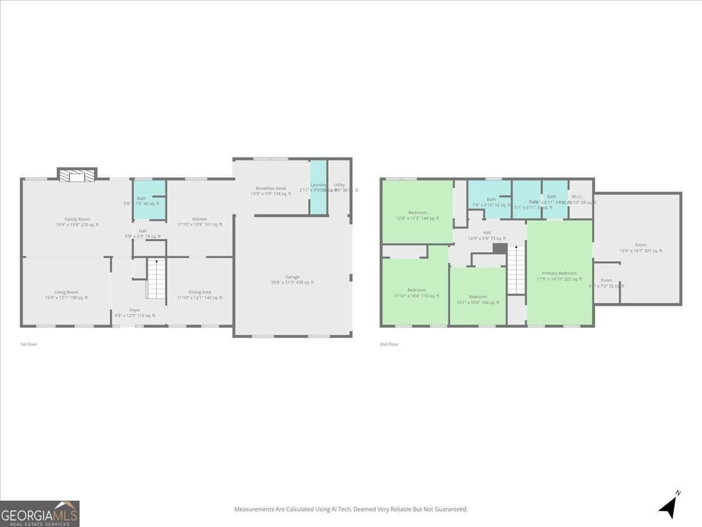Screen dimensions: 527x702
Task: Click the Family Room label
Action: point(77,219)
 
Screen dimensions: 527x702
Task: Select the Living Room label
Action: point(66,292)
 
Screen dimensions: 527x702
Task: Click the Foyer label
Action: point(135,310)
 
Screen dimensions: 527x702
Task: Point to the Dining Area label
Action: point(199,292)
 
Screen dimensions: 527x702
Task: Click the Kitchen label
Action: point(199,219)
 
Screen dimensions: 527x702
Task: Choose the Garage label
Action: point(292,277)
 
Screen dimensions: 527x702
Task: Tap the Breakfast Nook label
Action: point(271,189)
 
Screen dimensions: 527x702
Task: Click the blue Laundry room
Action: point(318,187)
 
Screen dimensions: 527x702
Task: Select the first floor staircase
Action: point(156,279)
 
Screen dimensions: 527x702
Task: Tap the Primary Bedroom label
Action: point(559,273)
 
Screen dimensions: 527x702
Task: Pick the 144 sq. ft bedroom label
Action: point(417,213)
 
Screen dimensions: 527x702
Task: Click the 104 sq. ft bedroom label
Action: point(477,297)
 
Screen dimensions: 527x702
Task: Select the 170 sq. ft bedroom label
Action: point(417,290)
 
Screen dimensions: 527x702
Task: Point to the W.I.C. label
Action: point(577,197)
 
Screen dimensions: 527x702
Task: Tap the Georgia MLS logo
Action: point(40,514)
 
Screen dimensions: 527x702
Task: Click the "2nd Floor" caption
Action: point(389,344)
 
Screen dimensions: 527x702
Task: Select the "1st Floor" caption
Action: point(28,344)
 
